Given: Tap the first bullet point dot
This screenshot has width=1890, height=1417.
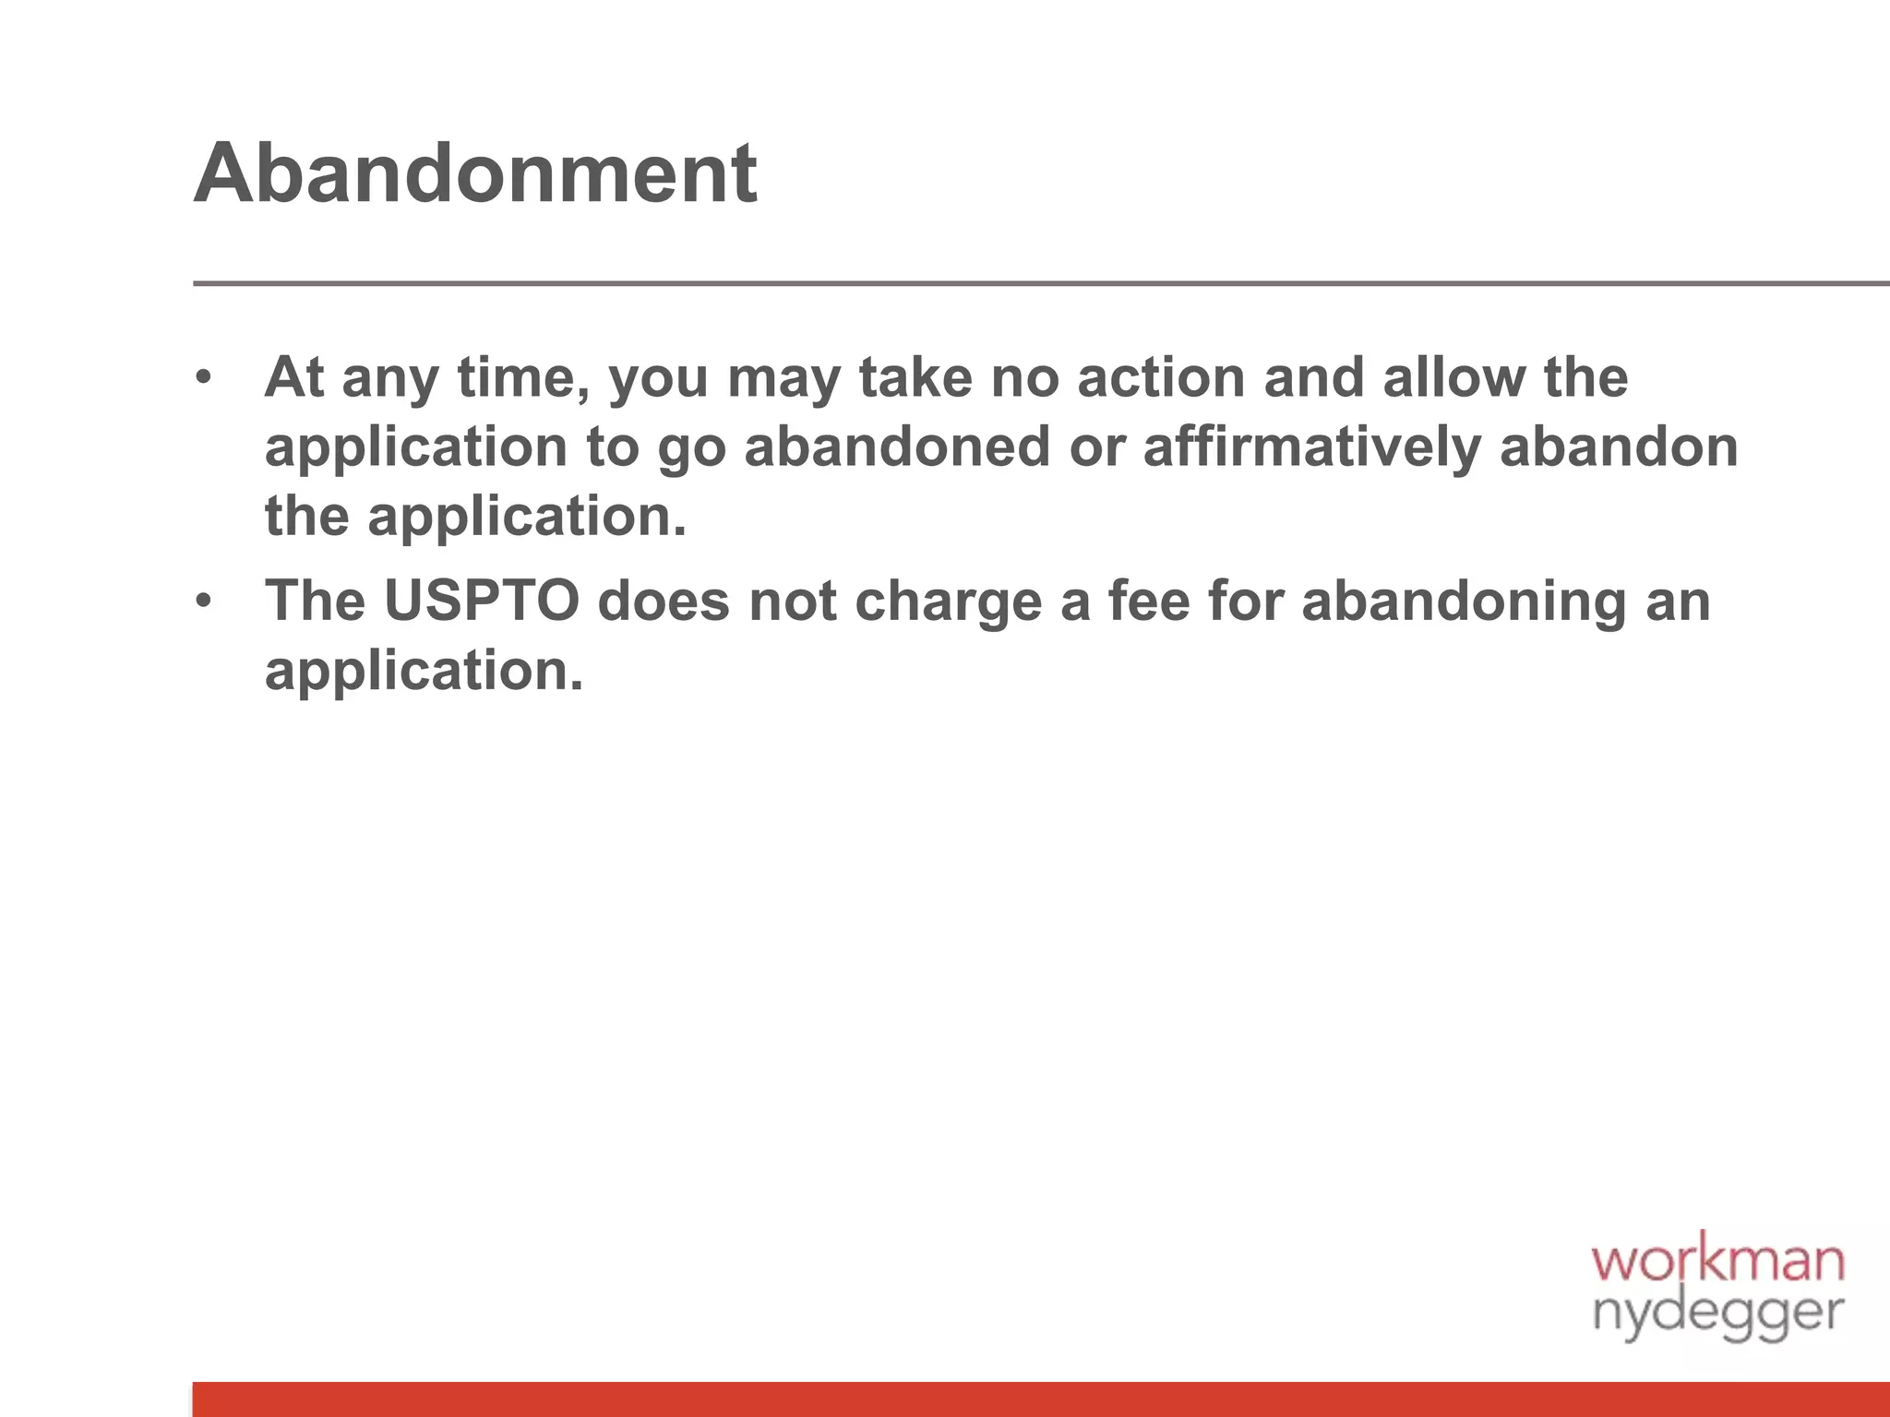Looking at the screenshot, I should pos(204,377).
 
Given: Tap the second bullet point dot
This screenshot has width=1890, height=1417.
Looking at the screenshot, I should pos(204,601).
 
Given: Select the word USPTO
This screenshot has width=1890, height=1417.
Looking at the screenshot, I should pos(481,601).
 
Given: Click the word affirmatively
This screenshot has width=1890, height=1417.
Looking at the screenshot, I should pos(1311,447).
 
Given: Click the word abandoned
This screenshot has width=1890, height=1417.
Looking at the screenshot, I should pos(897,447).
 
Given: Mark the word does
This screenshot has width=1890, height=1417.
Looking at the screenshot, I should pos(664,601).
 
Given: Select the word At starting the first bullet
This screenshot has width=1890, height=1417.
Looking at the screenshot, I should pos(294,377).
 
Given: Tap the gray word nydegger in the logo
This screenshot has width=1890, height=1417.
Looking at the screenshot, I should pos(1717,1313).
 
